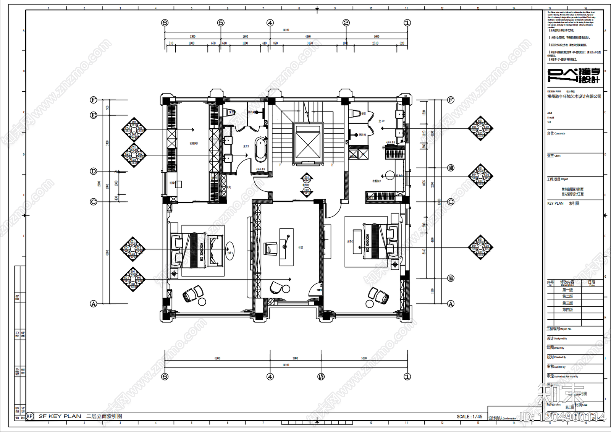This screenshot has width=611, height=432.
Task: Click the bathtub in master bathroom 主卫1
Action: [x=261, y=149]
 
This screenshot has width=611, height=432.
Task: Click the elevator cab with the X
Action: [x=308, y=143]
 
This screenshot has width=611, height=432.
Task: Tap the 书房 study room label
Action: [x=301, y=248]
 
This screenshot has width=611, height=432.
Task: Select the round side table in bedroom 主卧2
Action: [x=369, y=304]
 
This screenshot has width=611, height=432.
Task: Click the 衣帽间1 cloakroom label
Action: [x=194, y=143]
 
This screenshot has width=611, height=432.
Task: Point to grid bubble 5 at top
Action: [x=221, y=23]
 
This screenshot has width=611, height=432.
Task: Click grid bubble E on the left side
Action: [x=94, y=115]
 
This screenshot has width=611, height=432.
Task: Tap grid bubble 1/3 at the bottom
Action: [x=321, y=377]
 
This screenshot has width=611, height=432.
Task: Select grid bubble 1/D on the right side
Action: [x=451, y=168]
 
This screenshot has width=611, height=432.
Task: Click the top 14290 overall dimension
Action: [x=286, y=30]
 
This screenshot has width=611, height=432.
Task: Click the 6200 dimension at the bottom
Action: [x=217, y=358]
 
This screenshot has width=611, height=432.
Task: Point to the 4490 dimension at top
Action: [x=308, y=37]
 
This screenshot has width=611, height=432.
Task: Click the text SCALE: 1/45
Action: [x=469, y=417]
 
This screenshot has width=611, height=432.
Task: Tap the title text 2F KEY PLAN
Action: [x=60, y=416]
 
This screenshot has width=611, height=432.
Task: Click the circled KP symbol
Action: [x=30, y=416]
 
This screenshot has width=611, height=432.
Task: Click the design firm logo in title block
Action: [x=574, y=76]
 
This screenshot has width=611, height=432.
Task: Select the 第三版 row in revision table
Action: [x=567, y=303]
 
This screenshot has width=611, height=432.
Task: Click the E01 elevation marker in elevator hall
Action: [x=307, y=178]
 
